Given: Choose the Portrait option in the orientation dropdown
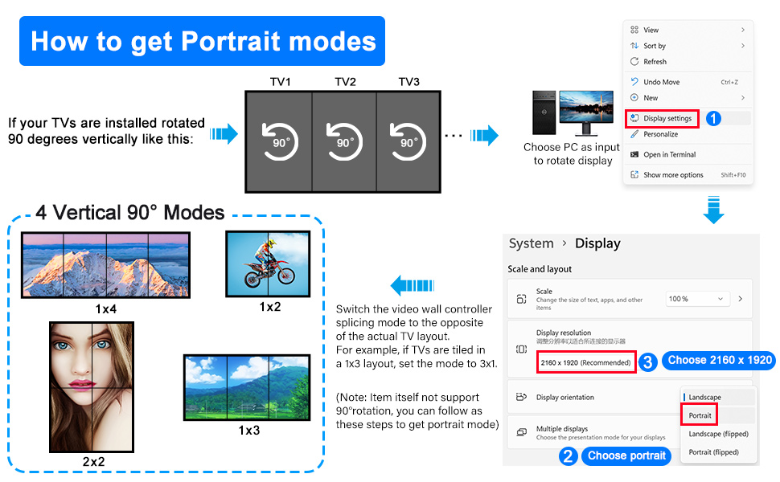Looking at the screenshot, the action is [x=700, y=415].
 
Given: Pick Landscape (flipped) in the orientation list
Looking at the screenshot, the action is [x=718, y=434].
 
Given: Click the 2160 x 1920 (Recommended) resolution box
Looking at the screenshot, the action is [x=586, y=362].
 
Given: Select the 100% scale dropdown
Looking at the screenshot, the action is [x=697, y=299].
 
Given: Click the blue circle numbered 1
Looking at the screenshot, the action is [x=713, y=118].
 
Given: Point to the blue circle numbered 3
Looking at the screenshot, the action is [x=647, y=361].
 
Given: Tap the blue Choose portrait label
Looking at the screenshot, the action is [x=626, y=455].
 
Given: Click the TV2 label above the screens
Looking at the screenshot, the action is [x=345, y=81].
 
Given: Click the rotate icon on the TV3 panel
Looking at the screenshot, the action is [x=408, y=141].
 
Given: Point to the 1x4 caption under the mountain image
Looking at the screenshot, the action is [x=106, y=309].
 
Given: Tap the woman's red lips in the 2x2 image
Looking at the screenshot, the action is [x=82, y=384].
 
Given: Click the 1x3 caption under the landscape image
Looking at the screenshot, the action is [x=248, y=431].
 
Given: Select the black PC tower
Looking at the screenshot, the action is [x=544, y=112].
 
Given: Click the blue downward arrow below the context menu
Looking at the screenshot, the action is [x=713, y=210].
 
